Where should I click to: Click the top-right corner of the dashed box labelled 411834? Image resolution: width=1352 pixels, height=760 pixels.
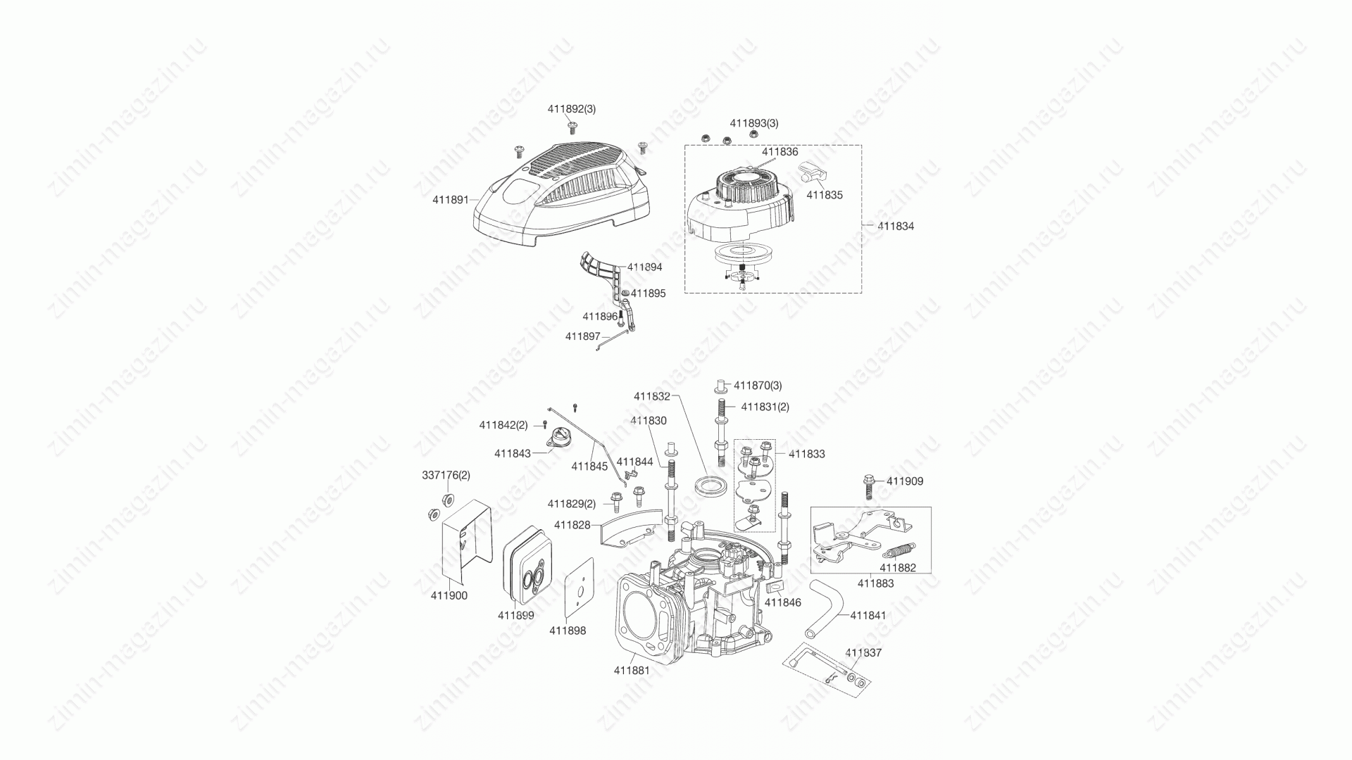(x=861, y=146)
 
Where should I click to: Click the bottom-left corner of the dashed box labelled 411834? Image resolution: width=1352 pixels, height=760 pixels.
(x=685, y=293)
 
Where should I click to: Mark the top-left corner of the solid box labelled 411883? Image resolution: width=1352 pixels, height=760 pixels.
(x=810, y=507)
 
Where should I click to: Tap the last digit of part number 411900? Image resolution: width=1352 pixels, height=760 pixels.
(x=464, y=595)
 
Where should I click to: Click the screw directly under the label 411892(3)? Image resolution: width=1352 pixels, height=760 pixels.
(x=572, y=127)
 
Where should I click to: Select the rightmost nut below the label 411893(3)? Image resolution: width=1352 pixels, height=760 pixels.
(x=753, y=134)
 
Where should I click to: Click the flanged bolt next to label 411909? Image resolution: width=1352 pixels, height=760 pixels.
(x=870, y=486)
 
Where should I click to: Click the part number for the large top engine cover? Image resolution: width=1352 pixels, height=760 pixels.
(x=451, y=200)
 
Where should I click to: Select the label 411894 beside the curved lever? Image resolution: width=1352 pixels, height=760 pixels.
(x=644, y=267)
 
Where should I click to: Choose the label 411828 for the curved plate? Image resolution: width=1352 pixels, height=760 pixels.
(x=572, y=525)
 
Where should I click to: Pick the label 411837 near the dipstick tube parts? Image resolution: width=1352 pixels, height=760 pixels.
(x=863, y=652)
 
